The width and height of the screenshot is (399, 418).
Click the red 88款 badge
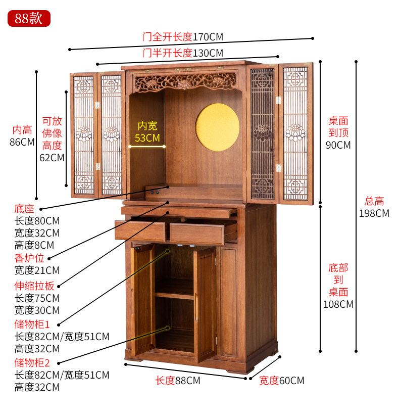coord(29,18)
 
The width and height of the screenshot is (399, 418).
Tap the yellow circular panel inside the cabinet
coord(217,127)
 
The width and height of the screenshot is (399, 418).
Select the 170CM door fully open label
coord(183,37)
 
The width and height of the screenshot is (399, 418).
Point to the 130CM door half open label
coord(183,53)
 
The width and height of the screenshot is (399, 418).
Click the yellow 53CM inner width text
coord(147,138)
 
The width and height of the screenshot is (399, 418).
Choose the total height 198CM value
coord(374,213)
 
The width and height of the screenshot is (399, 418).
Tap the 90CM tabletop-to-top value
coord(338,145)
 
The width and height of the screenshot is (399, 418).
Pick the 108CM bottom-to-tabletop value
coord(338,304)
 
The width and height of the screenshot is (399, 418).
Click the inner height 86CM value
coord(22,142)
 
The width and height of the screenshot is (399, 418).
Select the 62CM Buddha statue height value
coord(52,158)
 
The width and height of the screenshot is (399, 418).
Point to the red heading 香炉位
coord(29,258)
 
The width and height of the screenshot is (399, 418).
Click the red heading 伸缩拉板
coord(34,286)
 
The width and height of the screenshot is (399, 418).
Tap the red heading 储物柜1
coord(32,324)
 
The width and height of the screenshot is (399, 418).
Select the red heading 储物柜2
coord(32,363)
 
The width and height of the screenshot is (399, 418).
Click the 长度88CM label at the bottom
coord(178,381)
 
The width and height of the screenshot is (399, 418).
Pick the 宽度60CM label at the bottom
coord(281,381)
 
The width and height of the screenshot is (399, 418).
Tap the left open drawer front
coord(140,231)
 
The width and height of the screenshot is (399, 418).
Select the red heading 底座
coord(24,209)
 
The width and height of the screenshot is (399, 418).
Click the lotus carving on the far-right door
coord(295,132)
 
